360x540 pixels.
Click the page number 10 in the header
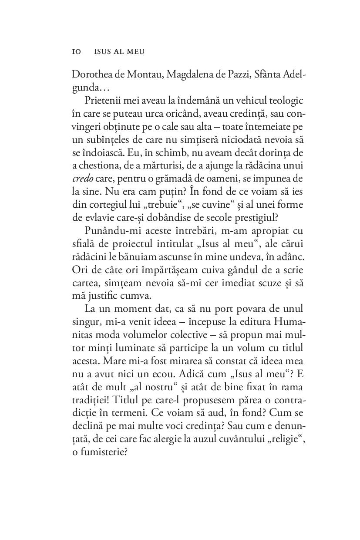[x=76, y=52]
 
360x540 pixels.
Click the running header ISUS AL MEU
[x=119, y=52]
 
